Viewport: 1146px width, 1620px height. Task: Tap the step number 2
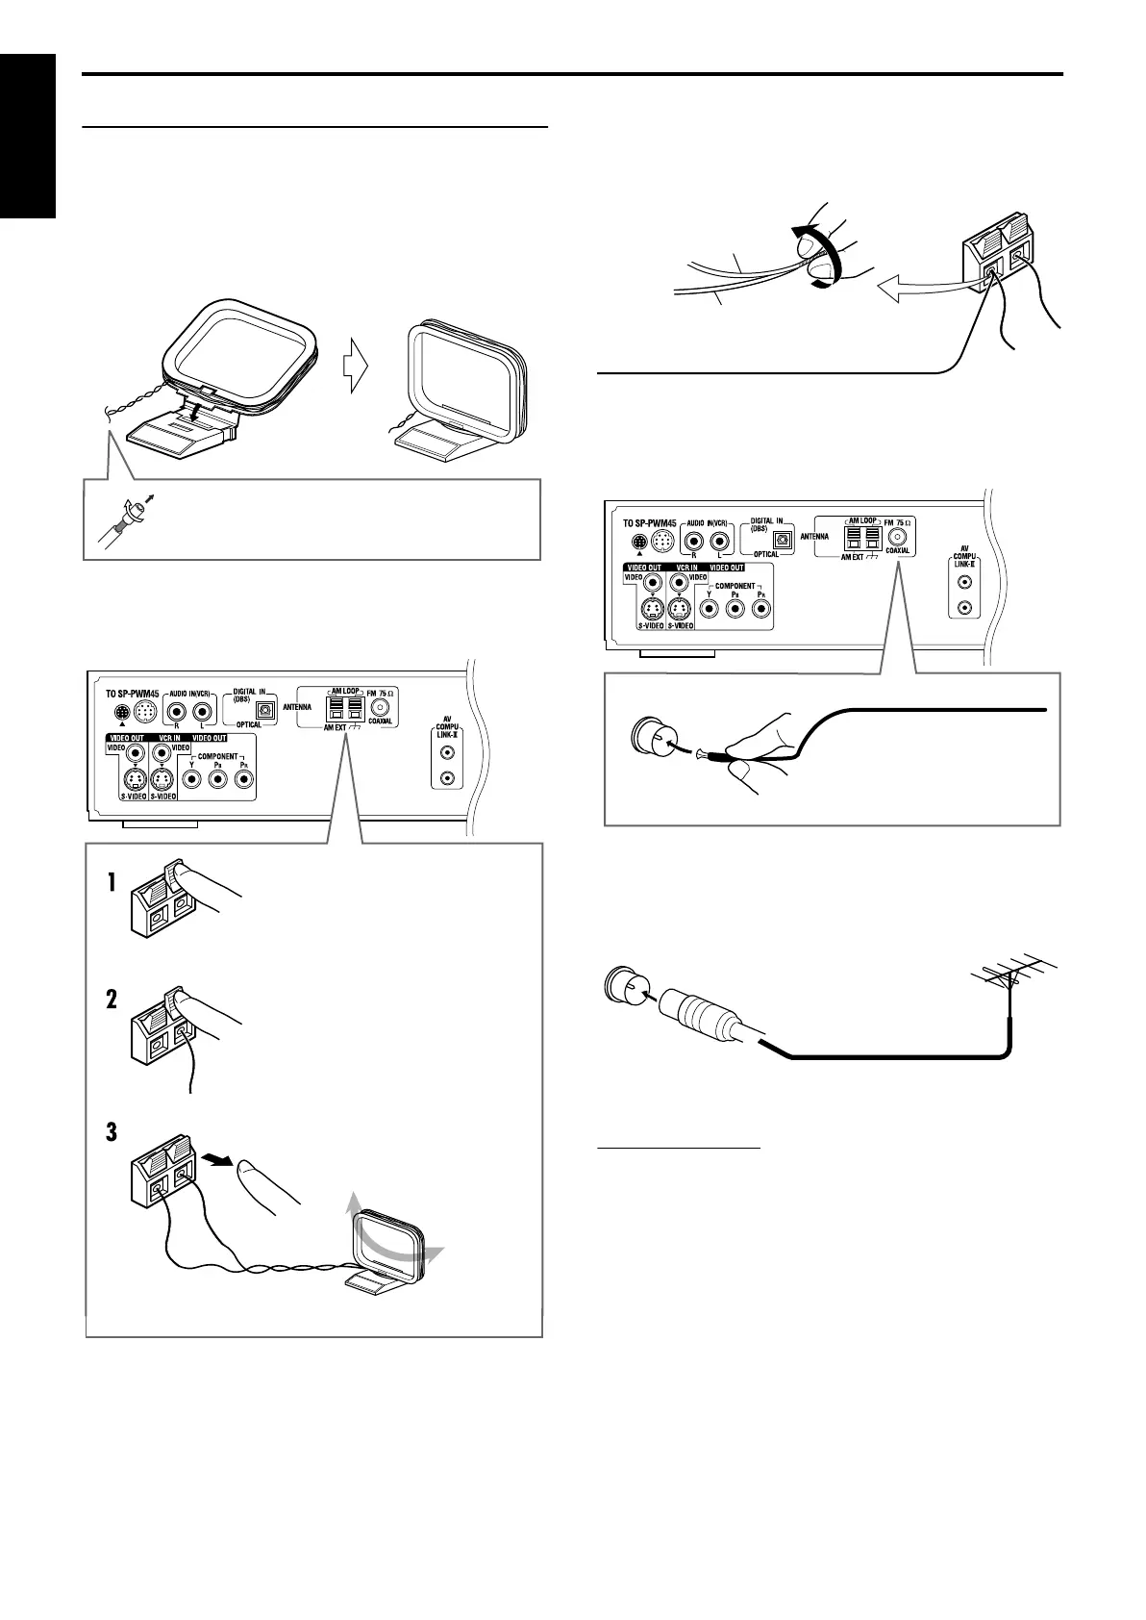pyautogui.click(x=112, y=1001)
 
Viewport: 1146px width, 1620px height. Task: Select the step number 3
pyautogui.click(x=112, y=1131)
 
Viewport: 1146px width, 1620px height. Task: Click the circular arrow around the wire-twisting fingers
pyautogui.click(x=813, y=255)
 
